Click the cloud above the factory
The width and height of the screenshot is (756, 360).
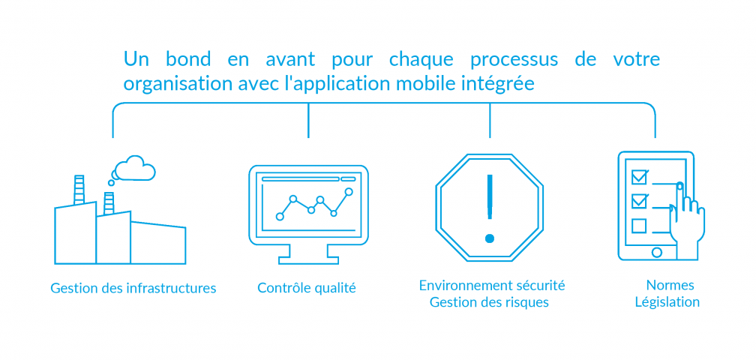[x=133, y=168]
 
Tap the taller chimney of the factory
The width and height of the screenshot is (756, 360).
[x=79, y=190]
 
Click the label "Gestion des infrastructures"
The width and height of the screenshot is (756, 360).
[x=133, y=288]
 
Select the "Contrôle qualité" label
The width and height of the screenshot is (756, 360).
[x=307, y=288]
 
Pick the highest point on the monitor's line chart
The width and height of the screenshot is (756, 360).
[x=349, y=192]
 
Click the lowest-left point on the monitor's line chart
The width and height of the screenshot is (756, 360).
[x=280, y=217]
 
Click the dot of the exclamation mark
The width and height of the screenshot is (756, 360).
[x=490, y=238]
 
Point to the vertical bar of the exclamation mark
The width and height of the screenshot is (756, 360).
[x=490, y=196]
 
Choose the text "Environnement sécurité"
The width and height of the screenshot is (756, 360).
[x=492, y=285]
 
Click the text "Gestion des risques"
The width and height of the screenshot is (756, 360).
[x=489, y=302]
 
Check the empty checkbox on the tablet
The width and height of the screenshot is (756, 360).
[x=639, y=226]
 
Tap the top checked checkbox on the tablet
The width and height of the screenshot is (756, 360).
[x=639, y=177]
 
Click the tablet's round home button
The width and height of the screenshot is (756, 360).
[x=656, y=252]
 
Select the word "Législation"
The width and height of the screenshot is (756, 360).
[x=667, y=302]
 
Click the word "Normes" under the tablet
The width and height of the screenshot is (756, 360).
[x=670, y=285]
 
